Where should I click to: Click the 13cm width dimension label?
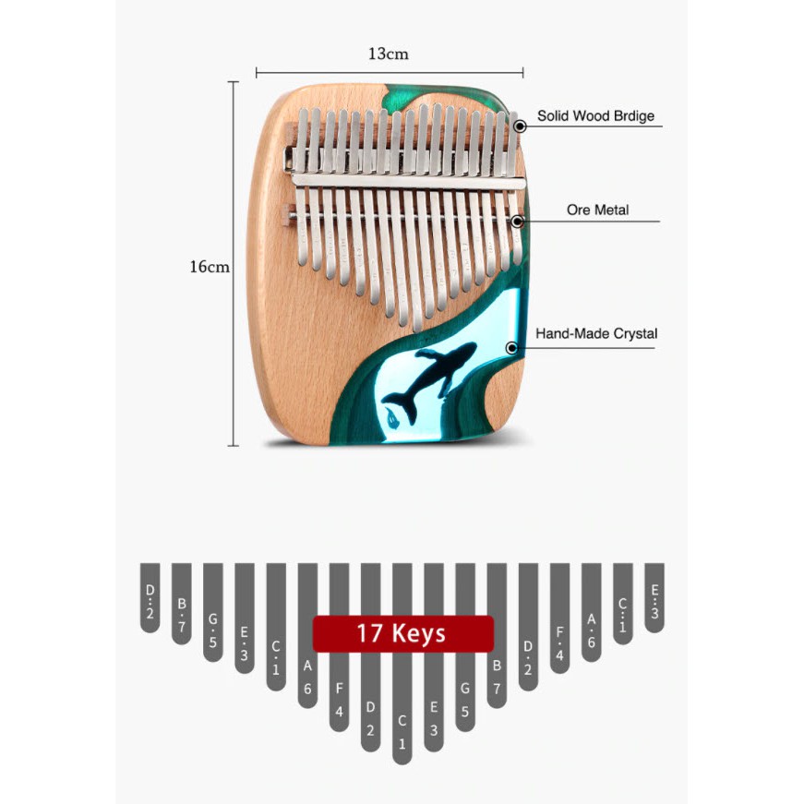[x=389, y=54]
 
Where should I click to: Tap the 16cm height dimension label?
[x=210, y=267]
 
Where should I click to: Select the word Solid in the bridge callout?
[x=553, y=116]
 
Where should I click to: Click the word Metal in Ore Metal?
[x=611, y=210]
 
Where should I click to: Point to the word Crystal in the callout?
[x=635, y=334]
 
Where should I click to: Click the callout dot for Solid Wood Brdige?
[x=520, y=126]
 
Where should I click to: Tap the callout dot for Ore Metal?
[x=517, y=222]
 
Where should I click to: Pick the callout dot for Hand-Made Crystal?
[x=511, y=348]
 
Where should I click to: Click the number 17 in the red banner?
[x=368, y=633]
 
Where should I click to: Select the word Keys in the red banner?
[x=419, y=634]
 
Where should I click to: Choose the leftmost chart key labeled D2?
[x=150, y=598]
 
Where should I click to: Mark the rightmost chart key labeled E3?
[x=654, y=598]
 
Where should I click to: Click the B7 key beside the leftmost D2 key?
[x=182, y=604]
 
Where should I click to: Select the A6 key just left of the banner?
[x=307, y=636]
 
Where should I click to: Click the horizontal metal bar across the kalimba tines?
[x=409, y=182]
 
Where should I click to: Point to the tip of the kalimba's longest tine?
[x=417, y=330]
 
